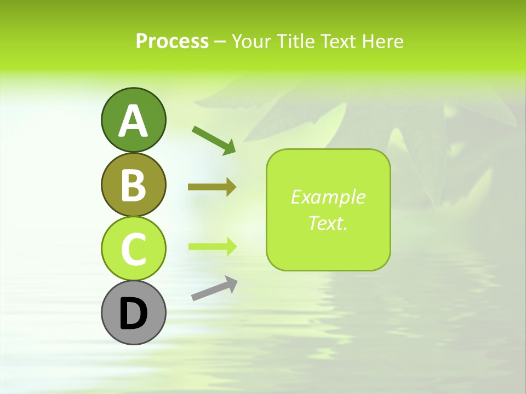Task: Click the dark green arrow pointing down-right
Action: click(214, 139)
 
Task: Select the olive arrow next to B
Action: click(211, 187)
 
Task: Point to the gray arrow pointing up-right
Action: click(214, 288)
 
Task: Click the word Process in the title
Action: click(172, 41)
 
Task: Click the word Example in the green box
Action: click(328, 197)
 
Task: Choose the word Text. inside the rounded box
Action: click(328, 223)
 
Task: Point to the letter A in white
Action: click(133, 121)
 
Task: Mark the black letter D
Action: click(133, 314)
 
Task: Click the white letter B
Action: click(133, 185)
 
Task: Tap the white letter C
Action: click(133, 250)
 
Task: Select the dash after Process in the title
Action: click(220, 42)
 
